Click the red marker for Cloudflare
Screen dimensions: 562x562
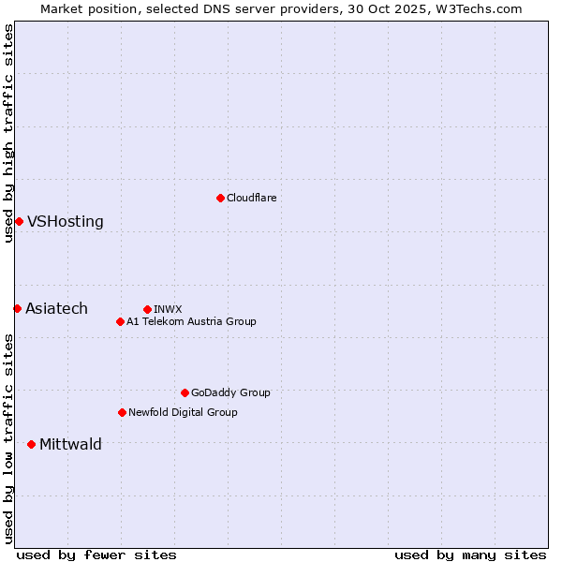(x=220, y=198)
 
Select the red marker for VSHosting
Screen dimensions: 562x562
(x=19, y=221)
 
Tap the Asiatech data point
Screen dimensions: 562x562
(x=17, y=308)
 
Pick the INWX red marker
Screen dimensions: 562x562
(x=147, y=309)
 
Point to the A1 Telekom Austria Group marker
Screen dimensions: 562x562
(x=120, y=321)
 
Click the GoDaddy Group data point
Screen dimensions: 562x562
(x=185, y=392)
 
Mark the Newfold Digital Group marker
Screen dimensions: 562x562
(x=122, y=412)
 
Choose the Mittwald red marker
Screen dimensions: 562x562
(x=31, y=444)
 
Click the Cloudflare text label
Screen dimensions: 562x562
(x=251, y=198)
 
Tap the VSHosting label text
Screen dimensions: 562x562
(x=66, y=222)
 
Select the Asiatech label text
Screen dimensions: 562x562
(x=56, y=309)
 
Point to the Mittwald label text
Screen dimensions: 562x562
(x=70, y=445)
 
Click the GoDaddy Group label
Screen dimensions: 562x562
(x=230, y=392)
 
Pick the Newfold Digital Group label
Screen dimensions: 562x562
(x=183, y=412)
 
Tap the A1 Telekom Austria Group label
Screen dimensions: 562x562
(x=191, y=321)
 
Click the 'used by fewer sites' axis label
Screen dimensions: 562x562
(x=96, y=555)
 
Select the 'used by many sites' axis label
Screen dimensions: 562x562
(x=470, y=555)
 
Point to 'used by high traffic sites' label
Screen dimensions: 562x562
(x=8, y=133)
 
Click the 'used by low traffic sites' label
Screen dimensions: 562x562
(x=8, y=438)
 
